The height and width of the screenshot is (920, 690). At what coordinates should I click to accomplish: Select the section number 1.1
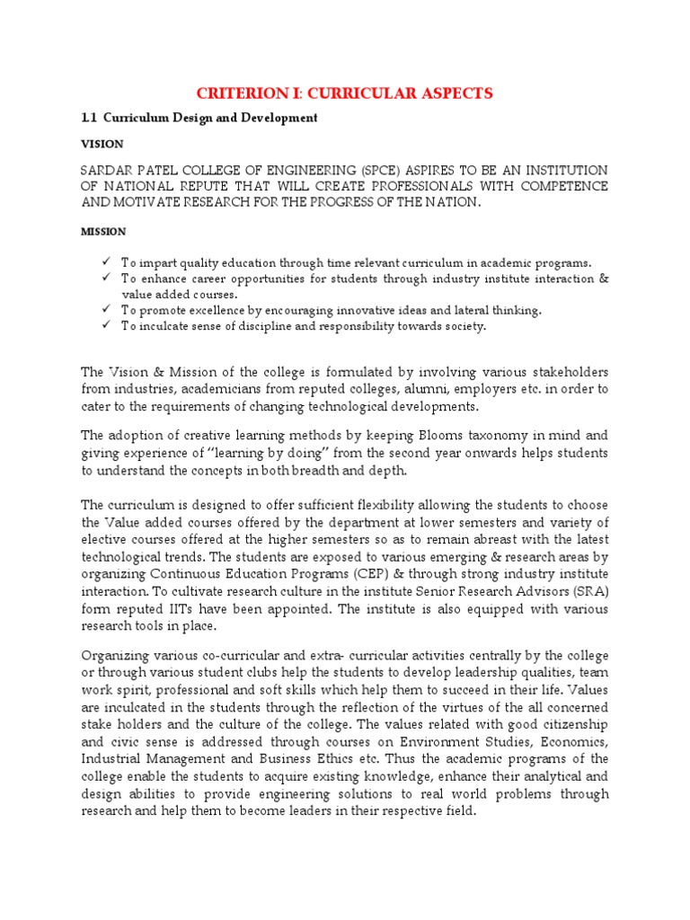[89, 118]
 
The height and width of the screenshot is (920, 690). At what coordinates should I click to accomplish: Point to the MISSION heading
[102, 232]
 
